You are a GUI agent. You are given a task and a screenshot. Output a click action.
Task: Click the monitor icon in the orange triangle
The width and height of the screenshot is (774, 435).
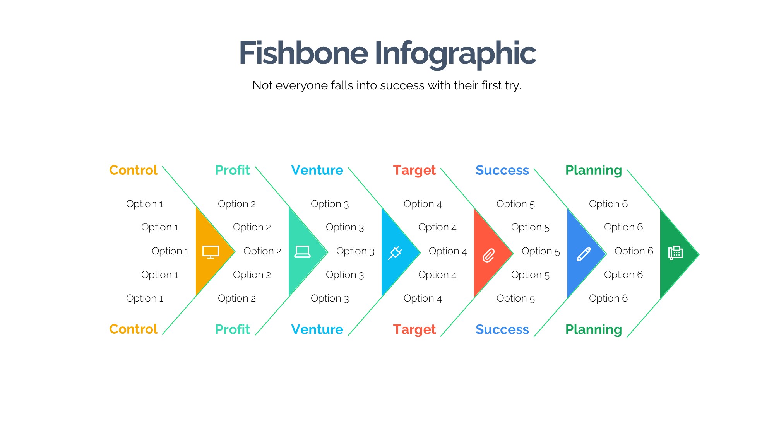click(x=211, y=252)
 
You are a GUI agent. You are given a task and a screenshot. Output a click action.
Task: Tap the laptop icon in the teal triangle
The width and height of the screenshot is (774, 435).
click(x=302, y=252)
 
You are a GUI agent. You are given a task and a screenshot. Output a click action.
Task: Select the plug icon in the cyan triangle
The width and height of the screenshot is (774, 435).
click(x=395, y=253)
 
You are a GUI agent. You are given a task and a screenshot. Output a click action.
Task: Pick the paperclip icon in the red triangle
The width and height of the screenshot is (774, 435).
click(x=488, y=255)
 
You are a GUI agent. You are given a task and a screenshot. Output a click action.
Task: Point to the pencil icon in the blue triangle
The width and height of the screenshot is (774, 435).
click(x=584, y=254)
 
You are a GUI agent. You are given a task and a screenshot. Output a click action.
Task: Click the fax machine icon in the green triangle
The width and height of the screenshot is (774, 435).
click(x=675, y=252)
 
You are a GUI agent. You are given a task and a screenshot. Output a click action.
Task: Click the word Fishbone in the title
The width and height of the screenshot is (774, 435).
click(x=303, y=53)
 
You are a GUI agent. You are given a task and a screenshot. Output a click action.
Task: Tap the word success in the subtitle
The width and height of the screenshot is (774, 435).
click(x=402, y=85)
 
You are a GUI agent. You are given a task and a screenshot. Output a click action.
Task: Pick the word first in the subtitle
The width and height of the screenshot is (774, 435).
click(x=490, y=85)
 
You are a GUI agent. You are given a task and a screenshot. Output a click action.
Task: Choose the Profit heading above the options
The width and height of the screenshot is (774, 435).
click(x=233, y=170)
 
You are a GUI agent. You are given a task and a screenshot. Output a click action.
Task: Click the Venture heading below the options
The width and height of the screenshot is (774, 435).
click(x=317, y=329)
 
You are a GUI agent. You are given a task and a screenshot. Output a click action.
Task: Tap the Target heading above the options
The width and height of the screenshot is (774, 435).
click(x=414, y=171)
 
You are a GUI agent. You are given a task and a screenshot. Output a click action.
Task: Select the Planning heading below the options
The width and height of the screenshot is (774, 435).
click(x=594, y=330)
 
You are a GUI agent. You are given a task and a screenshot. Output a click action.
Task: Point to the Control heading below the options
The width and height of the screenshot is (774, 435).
click(x=133, y=329)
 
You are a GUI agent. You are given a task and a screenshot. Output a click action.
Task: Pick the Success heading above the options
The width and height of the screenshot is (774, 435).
click(x=502, y=170)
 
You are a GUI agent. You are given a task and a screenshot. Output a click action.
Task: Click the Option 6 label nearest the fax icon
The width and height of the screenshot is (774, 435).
click(x=634, y=251)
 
